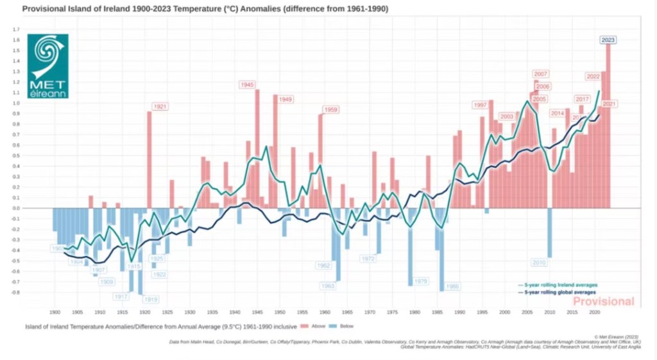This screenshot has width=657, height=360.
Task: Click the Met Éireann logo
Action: [47, 66]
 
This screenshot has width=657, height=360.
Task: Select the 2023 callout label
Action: [608, 40]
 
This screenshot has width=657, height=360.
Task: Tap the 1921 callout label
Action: [160, 106]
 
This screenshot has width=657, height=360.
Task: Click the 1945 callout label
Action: [248, 85]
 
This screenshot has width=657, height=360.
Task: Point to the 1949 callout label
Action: [286, 99]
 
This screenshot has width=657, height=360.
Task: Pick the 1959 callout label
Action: [330, 110]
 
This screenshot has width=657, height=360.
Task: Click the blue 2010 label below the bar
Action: [539, 262]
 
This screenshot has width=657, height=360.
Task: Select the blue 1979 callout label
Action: [421, 281]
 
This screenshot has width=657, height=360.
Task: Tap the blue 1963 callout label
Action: [328, 286]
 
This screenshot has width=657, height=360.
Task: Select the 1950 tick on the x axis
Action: [280, 313]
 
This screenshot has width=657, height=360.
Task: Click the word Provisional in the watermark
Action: [603, 302]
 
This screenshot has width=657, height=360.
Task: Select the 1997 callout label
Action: [479, 105]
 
